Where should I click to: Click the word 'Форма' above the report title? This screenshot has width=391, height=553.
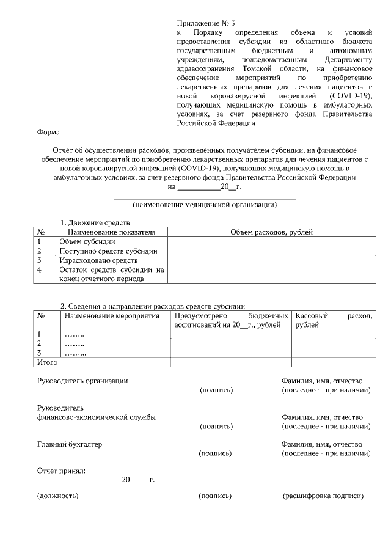pos(48,131)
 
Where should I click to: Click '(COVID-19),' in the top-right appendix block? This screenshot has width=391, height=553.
pos(350,97)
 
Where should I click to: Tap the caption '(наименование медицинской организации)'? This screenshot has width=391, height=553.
pos(205,205)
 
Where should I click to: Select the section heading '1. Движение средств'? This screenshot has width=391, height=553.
pos(95,223)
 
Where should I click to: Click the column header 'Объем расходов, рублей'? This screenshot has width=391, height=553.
pos(271,232)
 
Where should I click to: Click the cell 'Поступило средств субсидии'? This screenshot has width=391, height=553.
pos(108,251)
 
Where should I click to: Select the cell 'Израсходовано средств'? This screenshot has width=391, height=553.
pos(98,260)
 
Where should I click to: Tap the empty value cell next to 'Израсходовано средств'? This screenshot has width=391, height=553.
pos(271,260)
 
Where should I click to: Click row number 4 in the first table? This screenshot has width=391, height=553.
pos(40,269)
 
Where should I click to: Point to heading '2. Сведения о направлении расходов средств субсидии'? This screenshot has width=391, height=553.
pos(152,306)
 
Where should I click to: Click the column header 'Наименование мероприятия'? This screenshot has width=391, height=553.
pos(111,316)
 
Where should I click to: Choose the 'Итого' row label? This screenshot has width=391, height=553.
pos(48,362)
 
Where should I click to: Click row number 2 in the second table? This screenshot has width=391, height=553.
pos(40,343)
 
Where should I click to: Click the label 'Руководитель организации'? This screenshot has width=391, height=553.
pos(82,381)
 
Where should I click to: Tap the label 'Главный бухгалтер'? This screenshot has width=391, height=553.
pos(69,444)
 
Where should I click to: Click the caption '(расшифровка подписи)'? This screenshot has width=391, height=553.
pos(323,496)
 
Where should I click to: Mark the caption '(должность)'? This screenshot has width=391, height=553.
pos(57,496)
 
